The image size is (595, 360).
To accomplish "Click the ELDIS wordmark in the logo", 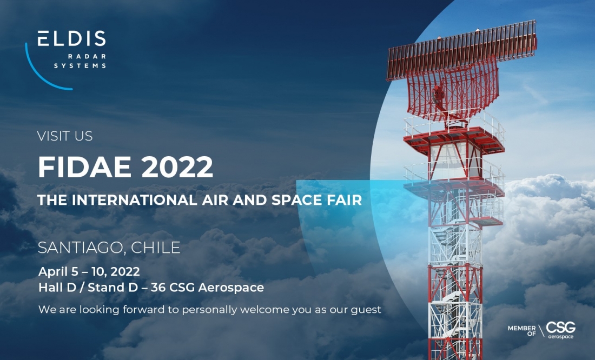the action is point(72,38).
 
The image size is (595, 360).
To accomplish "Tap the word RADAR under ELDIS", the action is point(87,57).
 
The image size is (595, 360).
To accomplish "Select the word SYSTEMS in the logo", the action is point(80,65).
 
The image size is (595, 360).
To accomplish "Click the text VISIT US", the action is point(65,136).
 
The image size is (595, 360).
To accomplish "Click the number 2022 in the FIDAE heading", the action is point(177,167).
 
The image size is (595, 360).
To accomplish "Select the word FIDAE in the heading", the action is point(84,167).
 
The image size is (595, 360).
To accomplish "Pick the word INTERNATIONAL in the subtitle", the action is point(134,200).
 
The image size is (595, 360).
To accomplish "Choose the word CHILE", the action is point(156,248).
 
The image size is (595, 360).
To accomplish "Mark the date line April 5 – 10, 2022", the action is point(89,271).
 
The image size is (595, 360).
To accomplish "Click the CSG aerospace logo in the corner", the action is point(560,330).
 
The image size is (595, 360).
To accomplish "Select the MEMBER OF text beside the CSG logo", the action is point(522,331).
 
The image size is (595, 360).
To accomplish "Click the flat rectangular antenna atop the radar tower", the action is point(461,49).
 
